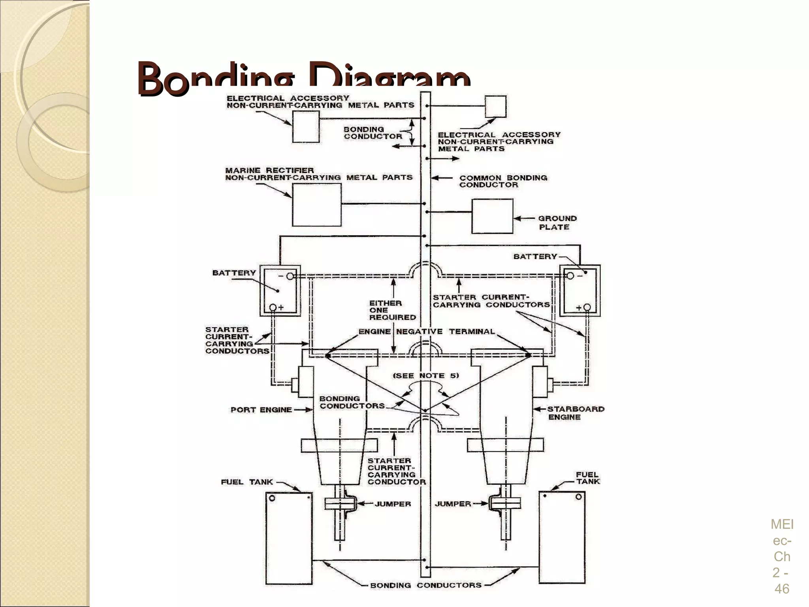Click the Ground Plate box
492,216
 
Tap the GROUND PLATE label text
556,222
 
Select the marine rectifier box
316,204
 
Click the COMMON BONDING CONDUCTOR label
502,181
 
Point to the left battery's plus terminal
273,307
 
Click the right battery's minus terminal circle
570,276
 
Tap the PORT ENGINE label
261,410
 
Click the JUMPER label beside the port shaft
393,504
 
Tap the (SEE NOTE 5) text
425,375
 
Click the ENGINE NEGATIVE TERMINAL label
426,332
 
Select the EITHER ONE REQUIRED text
392,310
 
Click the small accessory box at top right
495,107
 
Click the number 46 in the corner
781,589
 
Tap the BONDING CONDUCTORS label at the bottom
425,585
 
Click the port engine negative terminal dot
328,356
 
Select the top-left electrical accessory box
305,126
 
